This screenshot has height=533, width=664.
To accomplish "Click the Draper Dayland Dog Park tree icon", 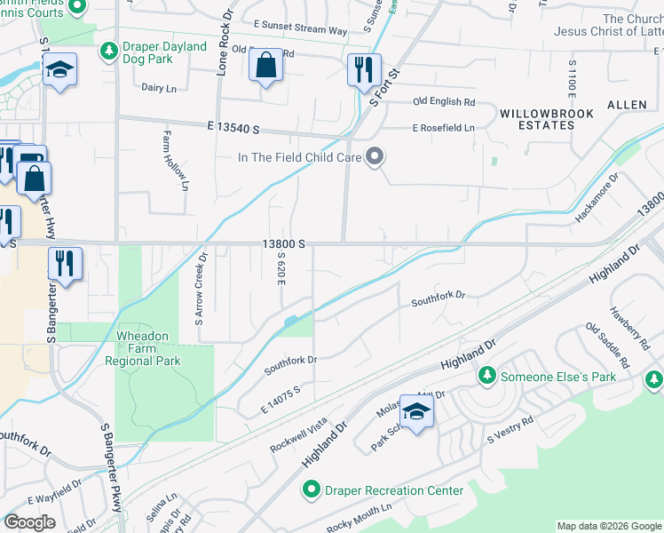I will pyautogui.click(x=109, y=52).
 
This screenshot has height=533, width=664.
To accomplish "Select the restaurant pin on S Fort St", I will pyautogui.click(x=363, y=71).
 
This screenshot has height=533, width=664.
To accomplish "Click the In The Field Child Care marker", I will pyautogui.click(x=375, y=157).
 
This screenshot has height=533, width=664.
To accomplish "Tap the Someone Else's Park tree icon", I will pyautogui.click(x=486, y=377).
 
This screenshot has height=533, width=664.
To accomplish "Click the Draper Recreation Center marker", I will pyautogui.click(x=311, y=490).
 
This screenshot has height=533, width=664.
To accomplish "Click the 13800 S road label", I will pyautogui.click(x=283, y=243).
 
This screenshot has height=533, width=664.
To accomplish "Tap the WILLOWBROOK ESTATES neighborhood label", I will pyautogui.click(x=537, y=119).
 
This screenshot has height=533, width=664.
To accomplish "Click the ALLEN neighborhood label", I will pyautogui.click(x=627, y=105).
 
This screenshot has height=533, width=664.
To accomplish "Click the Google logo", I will pyautogui.click(x=29, y=522).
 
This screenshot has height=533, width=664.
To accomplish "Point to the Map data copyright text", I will pyautogui.click(x=607, y=526).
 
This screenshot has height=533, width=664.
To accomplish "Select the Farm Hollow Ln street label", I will pyautogui.click(x=175, y=161).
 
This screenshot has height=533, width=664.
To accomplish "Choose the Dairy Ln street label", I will pyautogui.click(x=160, y=87).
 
